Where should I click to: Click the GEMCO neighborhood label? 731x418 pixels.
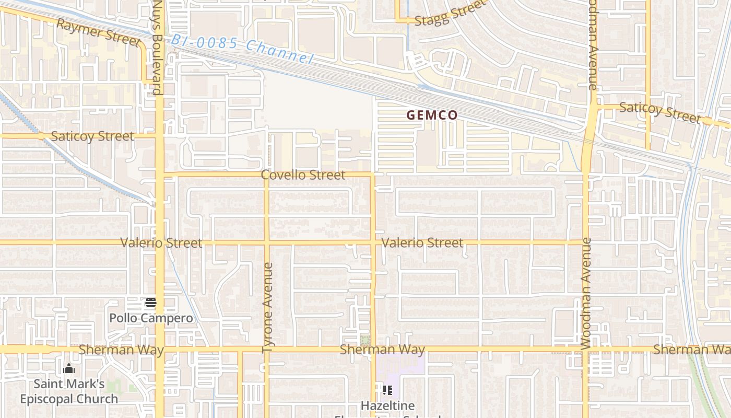coord(432,115)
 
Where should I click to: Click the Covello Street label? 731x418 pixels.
coord(303,175)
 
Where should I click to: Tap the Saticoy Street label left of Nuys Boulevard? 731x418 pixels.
coord(92,136)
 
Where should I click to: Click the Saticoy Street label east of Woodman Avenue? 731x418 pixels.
coord(660,112)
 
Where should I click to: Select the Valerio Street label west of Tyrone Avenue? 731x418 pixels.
coord(161,243)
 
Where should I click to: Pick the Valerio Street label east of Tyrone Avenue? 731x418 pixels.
coord(422,242)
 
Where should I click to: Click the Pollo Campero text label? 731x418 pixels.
coord(151,318)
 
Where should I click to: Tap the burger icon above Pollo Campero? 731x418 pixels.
coord(151,302)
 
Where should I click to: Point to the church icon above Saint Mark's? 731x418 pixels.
coord(69,369)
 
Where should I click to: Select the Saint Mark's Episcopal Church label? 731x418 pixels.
coord(69,391)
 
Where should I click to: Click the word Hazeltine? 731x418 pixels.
coord(387,405)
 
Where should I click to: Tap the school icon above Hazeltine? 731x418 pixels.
coord(387,390)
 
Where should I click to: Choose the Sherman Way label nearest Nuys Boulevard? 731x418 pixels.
coord(121,350)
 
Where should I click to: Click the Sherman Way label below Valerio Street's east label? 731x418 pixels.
coord(382,350)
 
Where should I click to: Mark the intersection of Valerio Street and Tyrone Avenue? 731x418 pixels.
coord(266,242)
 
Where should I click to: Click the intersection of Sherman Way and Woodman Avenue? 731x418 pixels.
coord(585,349)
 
